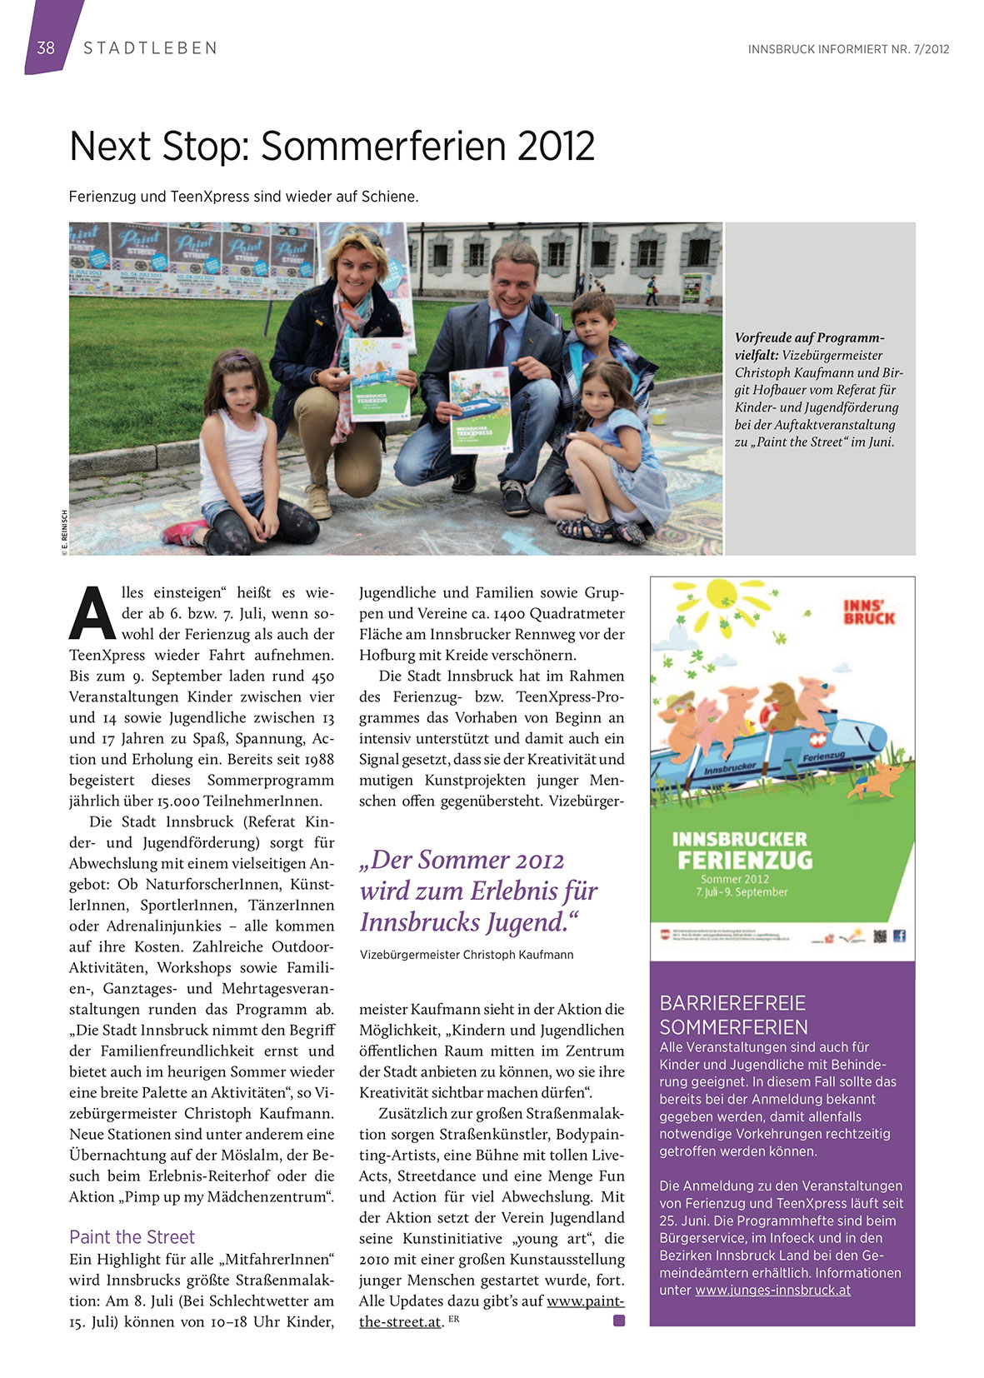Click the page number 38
pyautogui.click(x=46, y=48)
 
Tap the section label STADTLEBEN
pyautogui.click(x=150, y=48)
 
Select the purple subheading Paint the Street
pyautogui.click(x=132, y=1236)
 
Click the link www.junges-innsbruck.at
pyautogui.click(x=772, y=1290)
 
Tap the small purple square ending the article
pyautogui.click(x=619, y=1321)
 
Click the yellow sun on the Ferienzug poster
pyautogui.click(x=723, y=602)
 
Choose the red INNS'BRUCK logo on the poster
pyautogui.click(x=868, y=612)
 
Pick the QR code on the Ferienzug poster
pyautogui.click(x=880, y=936)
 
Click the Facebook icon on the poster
pyautogui.click(x=899, y=936)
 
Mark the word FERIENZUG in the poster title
pyautogui.click(x=744, y=860)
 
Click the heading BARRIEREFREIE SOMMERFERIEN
pyautogui.click(x=733, y=1015)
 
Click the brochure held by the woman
pyautogui.click(x=379, y=379)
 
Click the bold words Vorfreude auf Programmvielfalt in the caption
pyautogui.click(x=808, y=346)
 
